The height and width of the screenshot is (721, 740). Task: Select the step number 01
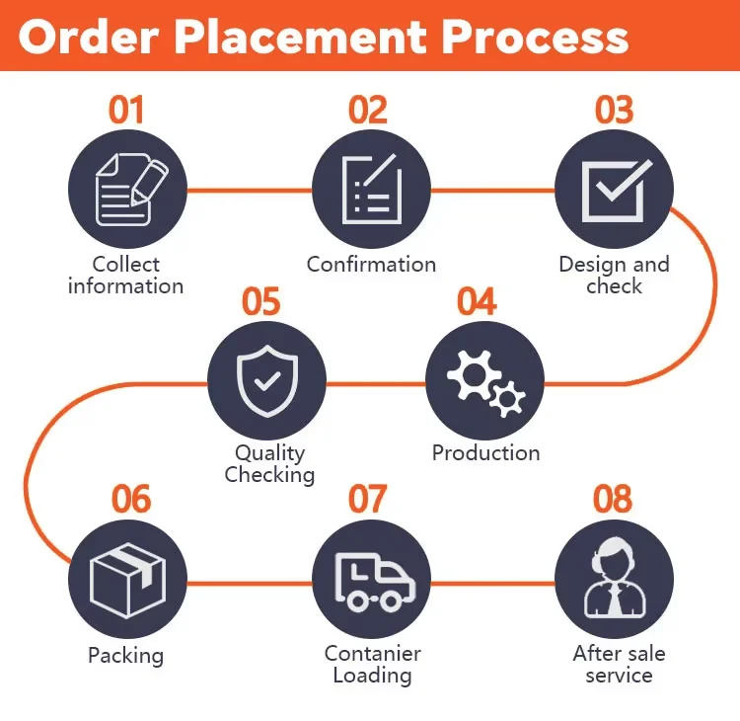(125, 111)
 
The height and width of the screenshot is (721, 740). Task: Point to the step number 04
(477, 301)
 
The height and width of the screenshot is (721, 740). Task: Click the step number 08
(613, 499)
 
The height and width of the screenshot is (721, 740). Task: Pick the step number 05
(261, 301)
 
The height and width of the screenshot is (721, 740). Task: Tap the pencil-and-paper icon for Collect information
(127, 189)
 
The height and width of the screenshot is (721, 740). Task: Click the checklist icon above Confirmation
(371, 189)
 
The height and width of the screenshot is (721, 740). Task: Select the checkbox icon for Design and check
(614, 189)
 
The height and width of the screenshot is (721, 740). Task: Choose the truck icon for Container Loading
(371, 581)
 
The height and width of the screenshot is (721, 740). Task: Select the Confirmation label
(371, 265)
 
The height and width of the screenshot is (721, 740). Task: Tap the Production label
(485, 453)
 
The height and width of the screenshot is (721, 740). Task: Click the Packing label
(125, 655)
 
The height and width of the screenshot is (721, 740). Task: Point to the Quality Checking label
(269, 464)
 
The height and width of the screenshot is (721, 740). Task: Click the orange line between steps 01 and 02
(249, 190)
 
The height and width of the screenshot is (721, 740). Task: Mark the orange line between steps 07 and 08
(492, 583)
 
